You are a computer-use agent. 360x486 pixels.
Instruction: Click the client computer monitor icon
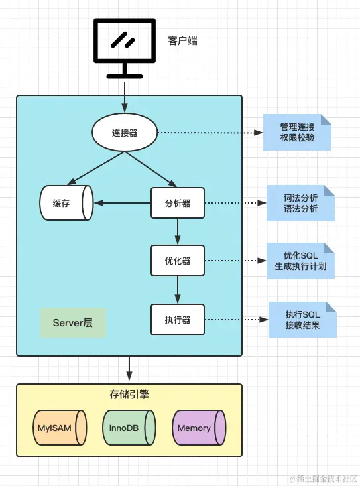pyautogui.click(x=125, y=41)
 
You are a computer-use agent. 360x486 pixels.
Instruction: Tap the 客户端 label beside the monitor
pyautogui.click(x=182, y=41)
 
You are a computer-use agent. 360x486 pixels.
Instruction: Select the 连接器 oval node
pyautogui.click(x=125, y=133)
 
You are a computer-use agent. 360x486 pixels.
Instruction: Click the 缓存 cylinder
pyautogui.click(x=66, y=203)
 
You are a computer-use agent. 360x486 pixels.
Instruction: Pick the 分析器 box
pyautogui.click(x=178, y=203)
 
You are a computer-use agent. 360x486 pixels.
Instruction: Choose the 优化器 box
pyautogui.click(x=178, y=261)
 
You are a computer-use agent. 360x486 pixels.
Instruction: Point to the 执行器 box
pyautogui.click(x=178, y=320)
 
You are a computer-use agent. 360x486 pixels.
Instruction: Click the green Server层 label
pyautogui.click(x=73, y=323)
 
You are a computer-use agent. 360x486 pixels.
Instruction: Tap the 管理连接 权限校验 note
pyautogui.click(x=297, y=133)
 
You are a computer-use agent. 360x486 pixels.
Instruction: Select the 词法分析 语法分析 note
pyautogui.click(x=300, y=203)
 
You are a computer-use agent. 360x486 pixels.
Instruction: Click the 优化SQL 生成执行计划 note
pyautogui.click(x=300, y=261)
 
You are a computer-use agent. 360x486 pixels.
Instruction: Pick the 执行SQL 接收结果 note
pyautogui.click(x=302, y=320)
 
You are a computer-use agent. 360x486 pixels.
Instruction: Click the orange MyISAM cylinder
pyautogui.click(x=60, y=428)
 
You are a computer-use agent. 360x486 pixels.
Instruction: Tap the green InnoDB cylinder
pyautogui.click(x=129, y=428)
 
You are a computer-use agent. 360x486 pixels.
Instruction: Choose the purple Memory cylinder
pyautogui.click(x=199, y=428)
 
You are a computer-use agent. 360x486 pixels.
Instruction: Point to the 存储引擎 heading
pyautogui.click(x=129, y=395)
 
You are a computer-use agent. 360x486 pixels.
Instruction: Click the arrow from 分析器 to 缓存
pyautogui.click(x=123, y=203)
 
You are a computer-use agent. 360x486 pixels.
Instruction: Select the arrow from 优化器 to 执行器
pyautogui.click(x=178, y=290)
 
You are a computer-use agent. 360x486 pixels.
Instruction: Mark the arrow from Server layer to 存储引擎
pyautogui.click(x=129, y=368)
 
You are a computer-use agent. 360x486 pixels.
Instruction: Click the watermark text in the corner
pyautogui.click(x=324, y=479)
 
